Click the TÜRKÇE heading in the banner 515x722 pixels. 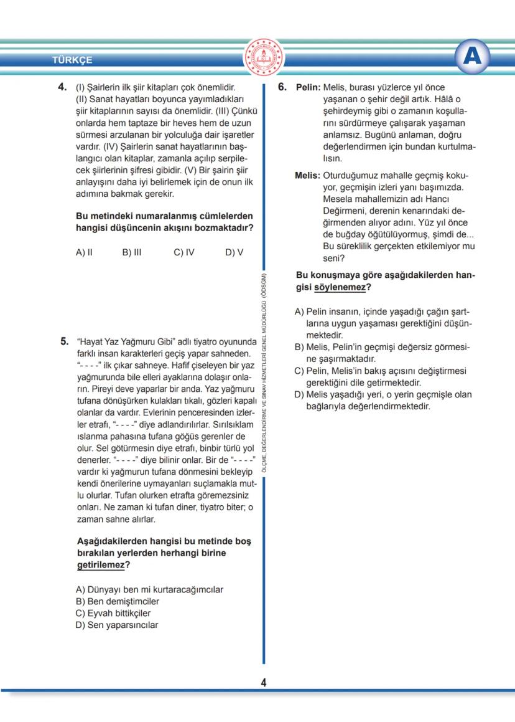coord(72,60)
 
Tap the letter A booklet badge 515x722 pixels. coord(473,57)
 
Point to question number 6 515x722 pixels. coord(282,88)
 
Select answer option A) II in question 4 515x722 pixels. coord(84,252)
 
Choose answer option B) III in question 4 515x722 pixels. coord(132,252)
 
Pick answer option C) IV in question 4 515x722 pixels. coord(184,252)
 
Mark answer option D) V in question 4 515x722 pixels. coord(234,252)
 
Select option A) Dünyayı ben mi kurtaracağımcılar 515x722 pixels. coord(149,589)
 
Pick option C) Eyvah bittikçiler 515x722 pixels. coord(113,613)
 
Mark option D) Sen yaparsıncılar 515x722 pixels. coord(117,625)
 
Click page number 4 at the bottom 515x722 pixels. coord(264,683)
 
